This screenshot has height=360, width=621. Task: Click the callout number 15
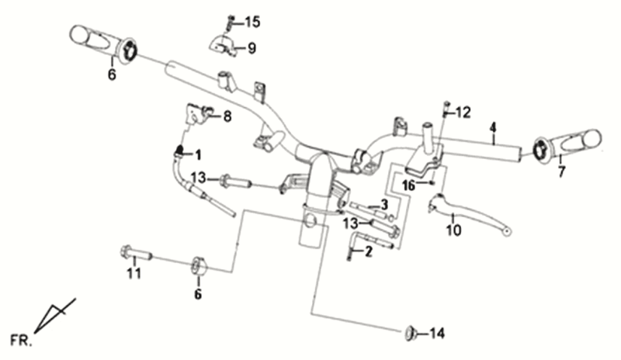pos(252,21)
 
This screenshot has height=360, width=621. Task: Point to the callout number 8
pos(227,117)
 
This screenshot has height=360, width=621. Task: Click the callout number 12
pos(463,112)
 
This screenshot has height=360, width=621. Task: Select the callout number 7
pos(561,172)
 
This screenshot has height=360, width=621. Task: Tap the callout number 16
pos(408,185)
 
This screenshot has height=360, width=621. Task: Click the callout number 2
pos(368,251)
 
